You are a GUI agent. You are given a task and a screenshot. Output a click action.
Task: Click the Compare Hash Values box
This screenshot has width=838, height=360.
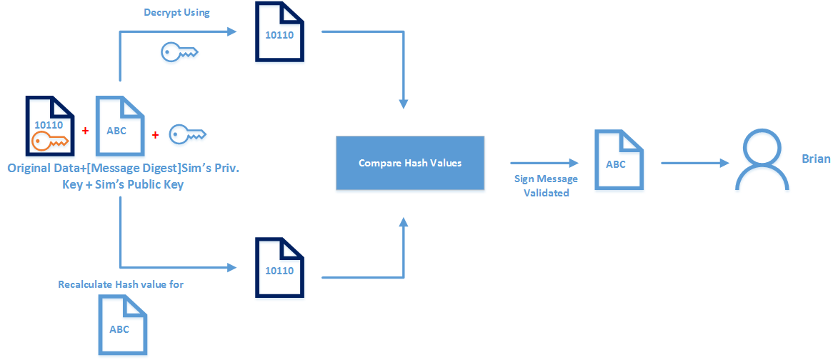(x=409, y=164)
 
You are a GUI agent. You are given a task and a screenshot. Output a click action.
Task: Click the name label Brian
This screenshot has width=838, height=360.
(x=816, y=159)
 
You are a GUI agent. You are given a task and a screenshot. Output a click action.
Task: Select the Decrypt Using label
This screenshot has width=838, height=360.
(x=176, y=12)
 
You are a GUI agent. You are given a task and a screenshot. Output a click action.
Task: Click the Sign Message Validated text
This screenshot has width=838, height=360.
(x=546, y=186)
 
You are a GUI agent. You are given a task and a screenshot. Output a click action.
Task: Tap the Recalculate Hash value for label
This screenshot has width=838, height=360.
(x=121, y=284)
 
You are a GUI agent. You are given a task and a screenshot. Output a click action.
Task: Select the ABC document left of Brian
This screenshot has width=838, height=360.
(x=617, y=159)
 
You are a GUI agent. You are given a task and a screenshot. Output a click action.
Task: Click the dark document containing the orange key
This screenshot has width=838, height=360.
(x=50, y=126)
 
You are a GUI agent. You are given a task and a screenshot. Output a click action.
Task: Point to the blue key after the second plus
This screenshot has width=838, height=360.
(x=187, y=134)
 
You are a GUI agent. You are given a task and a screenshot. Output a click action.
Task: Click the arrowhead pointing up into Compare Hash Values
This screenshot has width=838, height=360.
(x=404, y=224)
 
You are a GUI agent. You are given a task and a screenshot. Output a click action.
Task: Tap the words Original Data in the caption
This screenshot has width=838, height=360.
(x=41, y=169)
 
